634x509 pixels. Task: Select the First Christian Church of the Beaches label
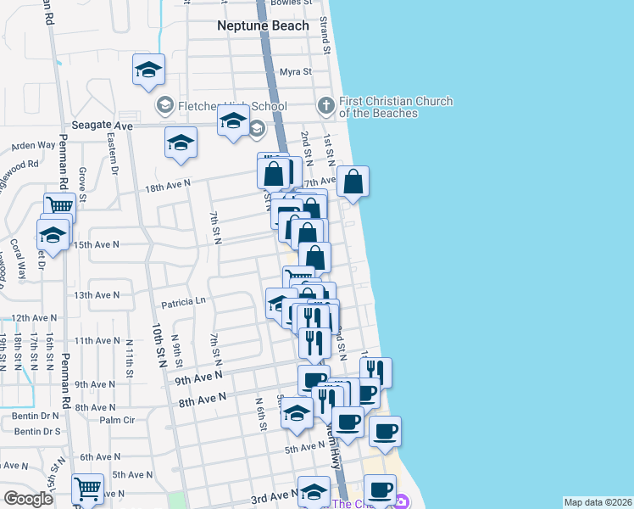[x=395, y=107]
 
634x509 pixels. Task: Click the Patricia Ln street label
[x=183, y=301]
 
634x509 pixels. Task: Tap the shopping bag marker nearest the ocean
[x=353, y=182]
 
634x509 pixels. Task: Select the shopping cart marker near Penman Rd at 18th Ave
[x=59, y=206]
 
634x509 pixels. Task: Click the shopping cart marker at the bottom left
[x=87, y=489]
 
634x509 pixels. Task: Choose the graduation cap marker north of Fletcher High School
[x=148, y=70]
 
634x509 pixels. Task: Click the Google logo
[x=28, y=499]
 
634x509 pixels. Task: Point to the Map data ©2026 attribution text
[x=598, y=502]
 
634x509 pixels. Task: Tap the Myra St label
[x=296, y=72]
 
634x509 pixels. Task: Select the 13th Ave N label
[x=97, y=295]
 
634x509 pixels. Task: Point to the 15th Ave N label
[x=97, y=244]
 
